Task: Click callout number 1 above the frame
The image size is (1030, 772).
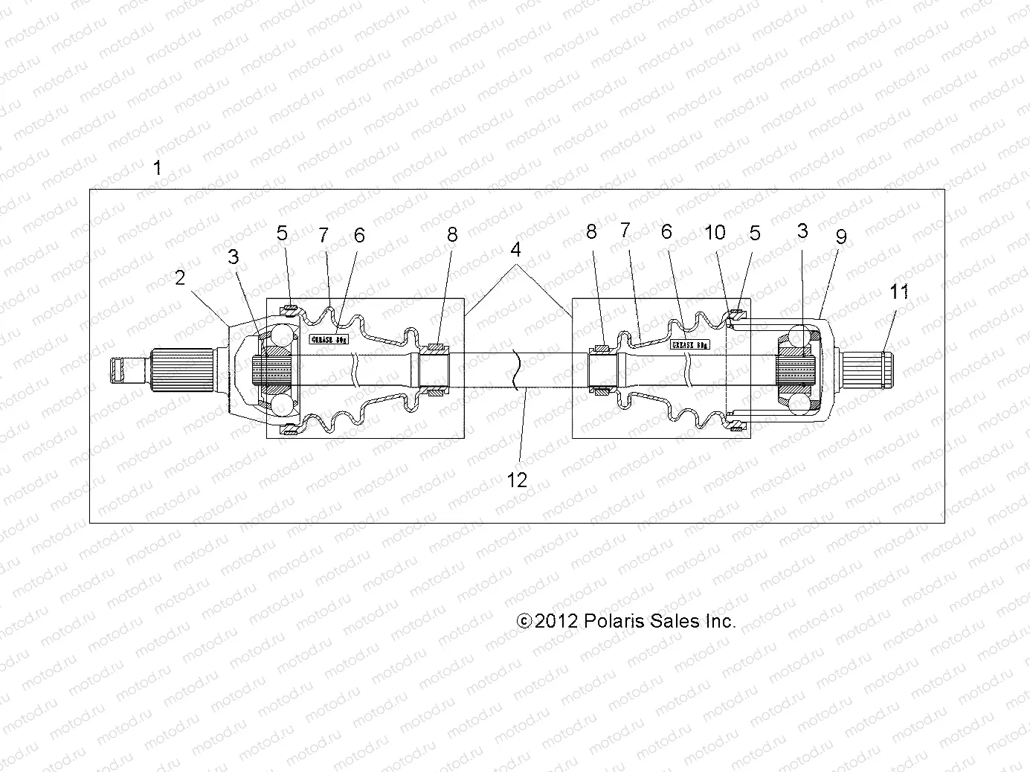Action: [157, 168]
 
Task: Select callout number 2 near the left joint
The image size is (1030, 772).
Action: [180, 277]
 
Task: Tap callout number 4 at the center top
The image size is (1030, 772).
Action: [516, 250]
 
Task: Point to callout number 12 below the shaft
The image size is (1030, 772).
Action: [517, 480]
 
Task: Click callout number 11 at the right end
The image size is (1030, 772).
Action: [900, 292]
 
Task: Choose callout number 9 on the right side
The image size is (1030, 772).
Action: [841, 237]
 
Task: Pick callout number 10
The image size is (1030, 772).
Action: [715, 232]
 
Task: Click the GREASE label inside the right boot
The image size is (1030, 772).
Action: [690, 345]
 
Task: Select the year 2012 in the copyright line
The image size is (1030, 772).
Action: [556, 621]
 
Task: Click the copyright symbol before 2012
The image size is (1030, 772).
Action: [525, 621]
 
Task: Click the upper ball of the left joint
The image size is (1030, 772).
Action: [283, 334]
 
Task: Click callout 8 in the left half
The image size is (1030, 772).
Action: [452, 235]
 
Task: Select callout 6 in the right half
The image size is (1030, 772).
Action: [666, 232]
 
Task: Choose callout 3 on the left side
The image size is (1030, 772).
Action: [234, 257]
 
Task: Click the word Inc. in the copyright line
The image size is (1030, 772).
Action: [718, 621]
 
